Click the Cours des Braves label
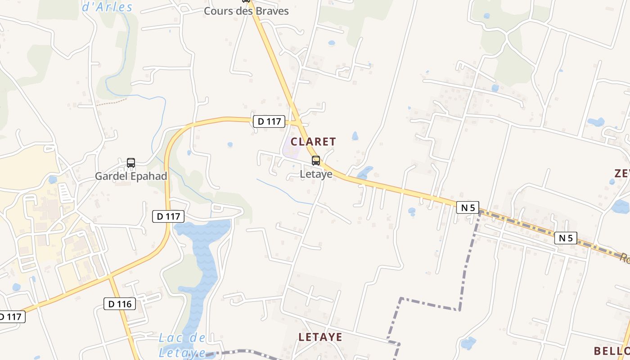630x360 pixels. [x=246, y=11]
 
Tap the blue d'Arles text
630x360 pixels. [x=108, y=7]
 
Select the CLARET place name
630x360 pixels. [x=313, y=142]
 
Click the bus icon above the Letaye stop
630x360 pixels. [x=316, y=161]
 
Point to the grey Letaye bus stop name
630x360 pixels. [x=316, y=174]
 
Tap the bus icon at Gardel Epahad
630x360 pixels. [x=131, y=163]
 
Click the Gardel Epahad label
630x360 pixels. [x=131, y=176]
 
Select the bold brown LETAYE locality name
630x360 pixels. [x=320, y=337]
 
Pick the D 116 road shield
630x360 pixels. [x=120, y=304]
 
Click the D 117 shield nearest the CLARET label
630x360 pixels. [x=269, y=121]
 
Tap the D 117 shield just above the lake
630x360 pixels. [x=169, y=216]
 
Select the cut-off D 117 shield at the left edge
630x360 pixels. [x=11, y=317]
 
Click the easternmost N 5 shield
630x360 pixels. [x=566, y=238]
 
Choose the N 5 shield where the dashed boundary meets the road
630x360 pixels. [x=468, y=207]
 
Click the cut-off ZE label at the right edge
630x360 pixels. [x=622, y=173]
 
